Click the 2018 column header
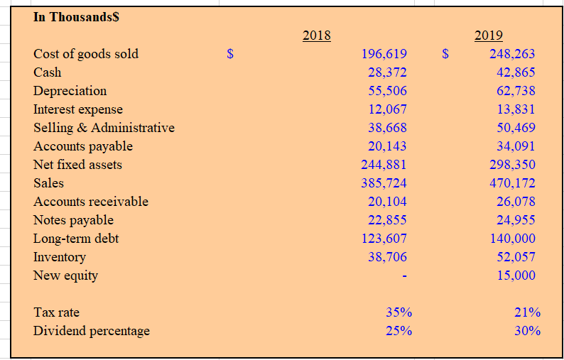pyautogui.click(x=316, y=36)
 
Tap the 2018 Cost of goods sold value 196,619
pyautogui.click(x=384, y=54)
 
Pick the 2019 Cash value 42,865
pyautogui.click(x=516, y=72)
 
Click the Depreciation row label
pyautogui.click(x=70, y=91)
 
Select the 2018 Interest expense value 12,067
pyautogui.click(x=387, y=109)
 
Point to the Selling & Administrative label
pyautogui.click(x=104, y=128)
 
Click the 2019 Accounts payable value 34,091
pyautogui.click(x=516, y=146)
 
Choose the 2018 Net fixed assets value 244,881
pyautogui.click(x=384, y=165)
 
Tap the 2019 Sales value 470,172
pyautogui.click(x=512, y=183)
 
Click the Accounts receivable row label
pyautogui.click(x=91, y=202)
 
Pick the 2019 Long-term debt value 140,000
pyautogui.click(x=512, y=239)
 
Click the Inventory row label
pyautogui.click(x=60, y=257)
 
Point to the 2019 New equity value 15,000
pyautogui.click(x=516, y=276)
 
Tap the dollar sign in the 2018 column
pyautogui.click(x=229, y=54)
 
